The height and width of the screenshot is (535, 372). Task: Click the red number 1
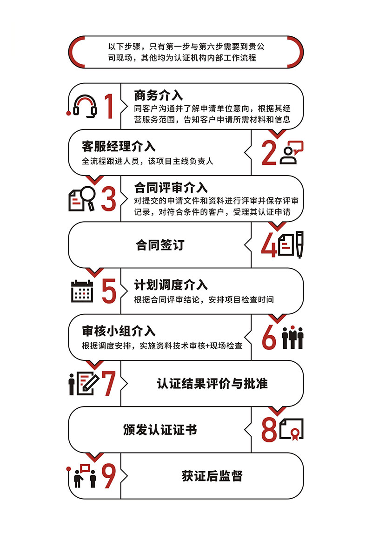[x=108, y=106]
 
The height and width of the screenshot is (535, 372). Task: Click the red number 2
[x=269, y=152]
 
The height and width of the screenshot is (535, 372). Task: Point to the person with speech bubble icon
[x=291, y=152]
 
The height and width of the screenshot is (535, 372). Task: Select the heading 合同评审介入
[x=171, y=188]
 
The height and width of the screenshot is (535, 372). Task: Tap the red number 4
[x=269, y=245]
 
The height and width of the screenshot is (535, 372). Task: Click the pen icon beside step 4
[x=299, y=244]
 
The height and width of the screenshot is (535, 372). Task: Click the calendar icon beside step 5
[x=82, y=291]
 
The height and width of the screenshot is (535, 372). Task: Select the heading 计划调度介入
[x=171, y=284]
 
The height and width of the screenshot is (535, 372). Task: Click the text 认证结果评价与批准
[x=212, y=384]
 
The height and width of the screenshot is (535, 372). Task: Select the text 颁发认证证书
[x=160, y=429]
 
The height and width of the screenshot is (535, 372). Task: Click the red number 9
[x=108, y=476]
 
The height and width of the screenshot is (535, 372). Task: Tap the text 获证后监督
[x=212, y=476]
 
